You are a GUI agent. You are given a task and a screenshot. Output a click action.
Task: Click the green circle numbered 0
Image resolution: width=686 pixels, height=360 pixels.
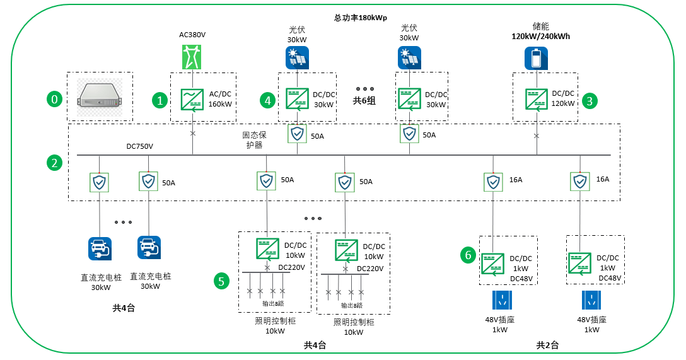pos(54,99)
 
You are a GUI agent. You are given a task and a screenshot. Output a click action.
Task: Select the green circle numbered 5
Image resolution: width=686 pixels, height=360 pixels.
pos(221,281)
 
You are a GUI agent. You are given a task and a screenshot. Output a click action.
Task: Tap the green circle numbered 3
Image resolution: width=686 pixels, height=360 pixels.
pos(590,101)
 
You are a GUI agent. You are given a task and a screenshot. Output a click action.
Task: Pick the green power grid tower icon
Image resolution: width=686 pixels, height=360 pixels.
pos(192,57)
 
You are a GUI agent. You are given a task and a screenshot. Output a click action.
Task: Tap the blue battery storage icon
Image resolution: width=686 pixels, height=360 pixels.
pos(537,58)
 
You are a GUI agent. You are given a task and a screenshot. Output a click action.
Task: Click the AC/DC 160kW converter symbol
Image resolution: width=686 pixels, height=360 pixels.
pos(192,100)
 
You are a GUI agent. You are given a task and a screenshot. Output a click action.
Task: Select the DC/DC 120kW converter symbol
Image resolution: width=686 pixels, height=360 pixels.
pos(537,100)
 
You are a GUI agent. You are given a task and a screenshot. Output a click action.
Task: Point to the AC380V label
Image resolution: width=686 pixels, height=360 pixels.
pos(192,35)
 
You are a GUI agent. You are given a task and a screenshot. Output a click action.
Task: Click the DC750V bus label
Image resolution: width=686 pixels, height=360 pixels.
pos(139,146)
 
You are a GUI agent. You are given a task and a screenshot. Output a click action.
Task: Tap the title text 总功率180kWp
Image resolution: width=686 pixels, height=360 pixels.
pos(361,18)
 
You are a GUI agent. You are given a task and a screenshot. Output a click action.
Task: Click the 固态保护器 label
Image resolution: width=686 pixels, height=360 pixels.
pos(254,140)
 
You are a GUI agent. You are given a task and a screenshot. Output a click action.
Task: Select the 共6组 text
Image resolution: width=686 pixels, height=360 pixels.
pos(364,101)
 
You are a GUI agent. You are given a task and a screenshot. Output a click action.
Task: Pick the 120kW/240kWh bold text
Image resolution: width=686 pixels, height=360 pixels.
pos(541,37)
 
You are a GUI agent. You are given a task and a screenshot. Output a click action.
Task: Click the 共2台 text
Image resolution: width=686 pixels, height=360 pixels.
pos(547,345)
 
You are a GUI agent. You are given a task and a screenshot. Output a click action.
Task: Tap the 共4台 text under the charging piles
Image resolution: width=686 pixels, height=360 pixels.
pos(124,308)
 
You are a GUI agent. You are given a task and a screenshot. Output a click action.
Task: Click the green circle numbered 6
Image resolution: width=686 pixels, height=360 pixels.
pos(468,255)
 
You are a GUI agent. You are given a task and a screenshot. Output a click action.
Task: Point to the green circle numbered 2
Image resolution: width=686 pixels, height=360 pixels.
pos(54,163)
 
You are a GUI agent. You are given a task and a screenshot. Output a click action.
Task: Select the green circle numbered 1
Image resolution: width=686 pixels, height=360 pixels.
pos(160,101)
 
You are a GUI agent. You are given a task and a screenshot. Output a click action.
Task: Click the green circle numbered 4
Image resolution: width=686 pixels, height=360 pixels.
pos(267,101)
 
